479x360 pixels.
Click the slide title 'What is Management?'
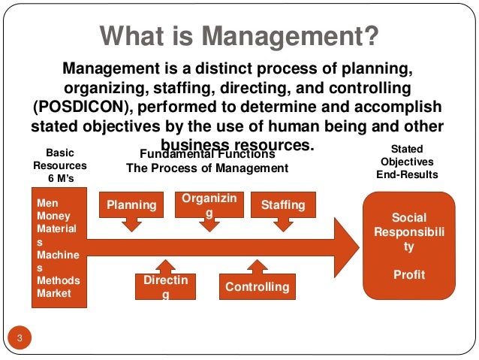tap(239, 35)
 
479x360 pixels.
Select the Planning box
tap(131, 204)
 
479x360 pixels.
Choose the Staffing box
tap(283, 204)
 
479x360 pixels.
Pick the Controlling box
tap(257, 286)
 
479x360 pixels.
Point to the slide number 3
tap(20, 336)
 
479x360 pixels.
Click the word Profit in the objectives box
tap(409, 275)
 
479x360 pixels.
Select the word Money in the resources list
tap(53, 216)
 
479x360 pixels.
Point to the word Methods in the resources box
tap(58, 280)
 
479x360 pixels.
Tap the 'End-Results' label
tap(407, 174)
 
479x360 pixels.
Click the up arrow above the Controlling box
tap(257, 267)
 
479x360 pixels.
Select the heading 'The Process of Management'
tap(207, 168)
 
